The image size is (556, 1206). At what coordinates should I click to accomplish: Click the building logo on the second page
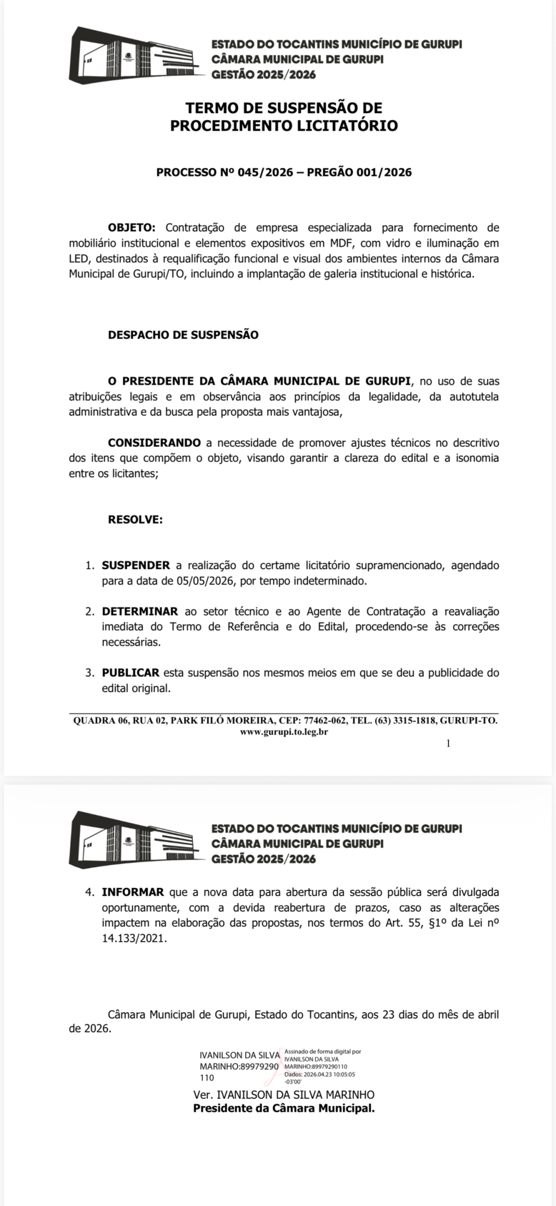tap(136, 840)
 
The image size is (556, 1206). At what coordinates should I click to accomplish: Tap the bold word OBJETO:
tap(132, 228)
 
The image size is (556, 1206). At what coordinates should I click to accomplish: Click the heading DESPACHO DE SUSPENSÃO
tap(183, 335)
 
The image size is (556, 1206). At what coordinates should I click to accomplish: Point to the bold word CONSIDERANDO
tap(154, 443)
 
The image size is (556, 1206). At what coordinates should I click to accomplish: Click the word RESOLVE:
tap(135, 520)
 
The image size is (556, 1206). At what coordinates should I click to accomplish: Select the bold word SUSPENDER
tap(136, 566)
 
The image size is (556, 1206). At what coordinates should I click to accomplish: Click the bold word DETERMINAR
tap(140, 612)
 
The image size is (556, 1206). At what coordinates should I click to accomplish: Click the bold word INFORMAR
tap(133, 892)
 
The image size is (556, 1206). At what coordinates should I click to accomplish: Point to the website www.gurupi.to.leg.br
tap(284, 732)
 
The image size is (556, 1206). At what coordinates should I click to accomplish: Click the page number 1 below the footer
tap(448, 744)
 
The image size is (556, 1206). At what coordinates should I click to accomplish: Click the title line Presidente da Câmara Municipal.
tap(284, 1108)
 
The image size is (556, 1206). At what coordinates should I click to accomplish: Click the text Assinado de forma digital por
tap(323, 1052)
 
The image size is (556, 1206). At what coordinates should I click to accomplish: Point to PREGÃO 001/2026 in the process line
tap(359, 172)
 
